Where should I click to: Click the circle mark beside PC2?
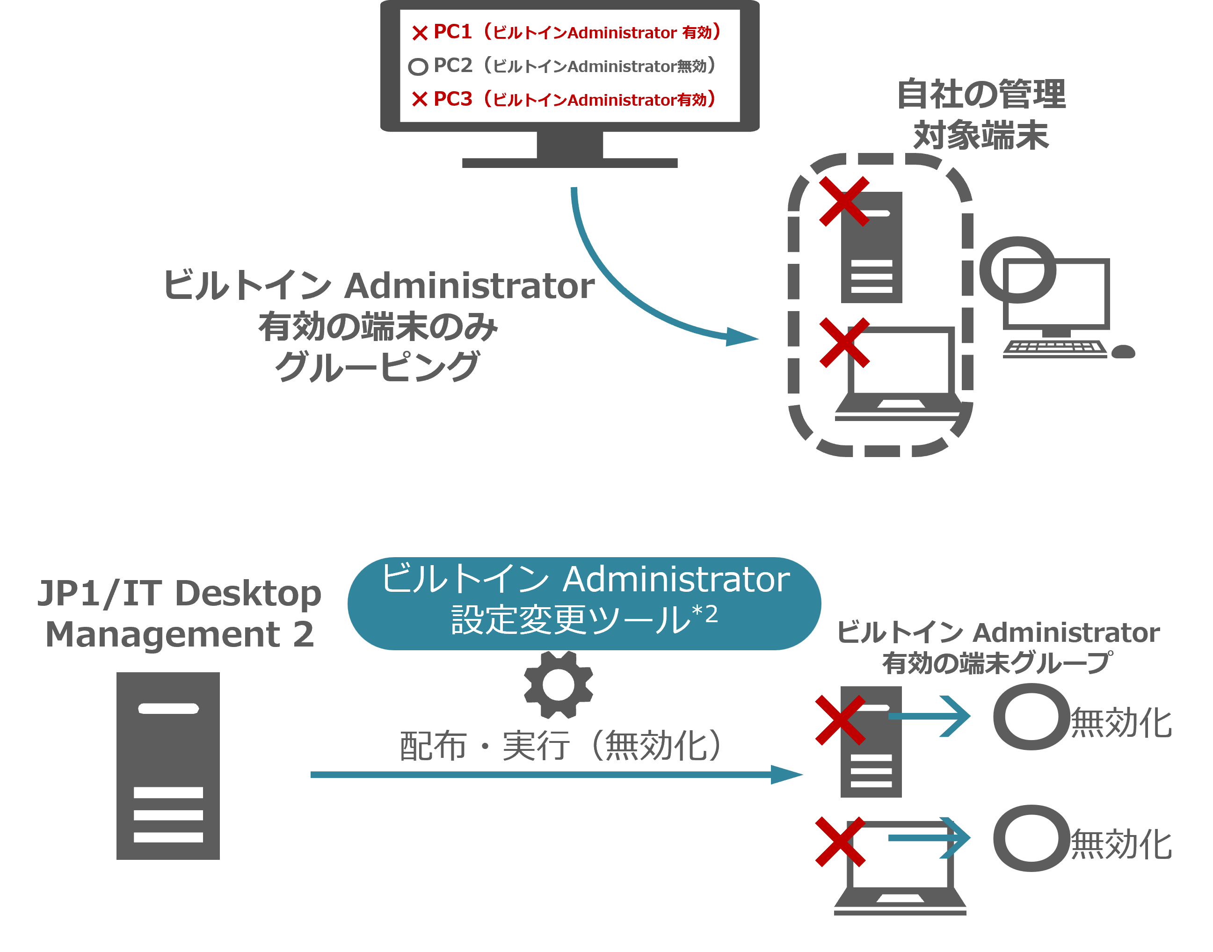(x=418, y=67)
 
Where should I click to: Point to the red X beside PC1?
(x=420, y=33)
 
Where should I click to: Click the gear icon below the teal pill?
(x=559, y=684)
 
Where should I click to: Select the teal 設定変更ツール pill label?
(x=584, y=603)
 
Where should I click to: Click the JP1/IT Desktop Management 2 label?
(x=180, y=613)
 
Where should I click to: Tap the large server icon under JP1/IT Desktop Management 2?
(x=168, y=766)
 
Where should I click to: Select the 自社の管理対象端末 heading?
(x=981, y=114)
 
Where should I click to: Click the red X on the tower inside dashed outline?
(x=844, y=201)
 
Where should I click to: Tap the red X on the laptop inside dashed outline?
(x=844, y=343)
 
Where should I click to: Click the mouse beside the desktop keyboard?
(x=1123, y=352)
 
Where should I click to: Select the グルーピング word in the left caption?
(x=378, y=366)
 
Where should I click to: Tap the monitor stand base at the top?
(x=570, y=162)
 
